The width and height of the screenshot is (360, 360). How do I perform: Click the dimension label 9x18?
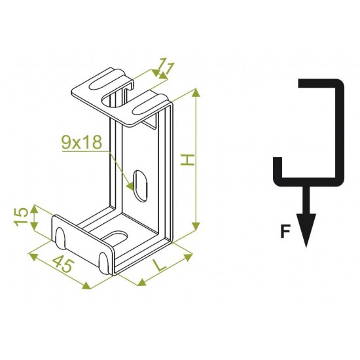82,142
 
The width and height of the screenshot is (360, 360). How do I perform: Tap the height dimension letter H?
188,160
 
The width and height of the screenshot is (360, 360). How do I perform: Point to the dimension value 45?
63,264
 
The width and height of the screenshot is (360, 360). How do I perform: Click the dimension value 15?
21,217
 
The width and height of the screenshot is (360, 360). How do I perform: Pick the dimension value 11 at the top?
166,66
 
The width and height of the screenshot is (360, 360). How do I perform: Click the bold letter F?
285,232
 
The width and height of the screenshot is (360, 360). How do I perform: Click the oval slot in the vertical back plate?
140,187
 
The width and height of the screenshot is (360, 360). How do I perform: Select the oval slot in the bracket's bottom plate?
115,238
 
